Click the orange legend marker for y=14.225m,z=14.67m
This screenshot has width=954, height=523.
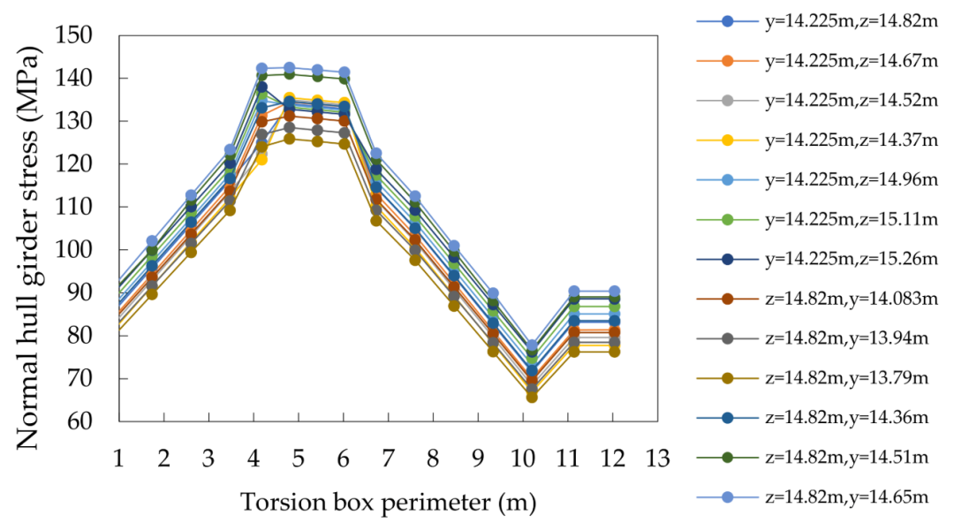(727, 61)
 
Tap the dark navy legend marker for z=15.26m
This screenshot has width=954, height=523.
(727, 260)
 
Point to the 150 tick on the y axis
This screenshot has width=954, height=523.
(74, 35)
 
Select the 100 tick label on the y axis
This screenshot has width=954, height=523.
(74, 250)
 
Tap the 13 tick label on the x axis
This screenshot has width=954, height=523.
(657, 458)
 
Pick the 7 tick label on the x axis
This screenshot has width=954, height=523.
(388, 458)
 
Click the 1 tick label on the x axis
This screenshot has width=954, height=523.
(118, 458)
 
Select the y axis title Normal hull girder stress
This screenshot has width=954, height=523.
(26, 247)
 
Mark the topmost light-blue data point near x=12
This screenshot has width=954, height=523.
(614, 291)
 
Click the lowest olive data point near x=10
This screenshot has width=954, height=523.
(532, 397)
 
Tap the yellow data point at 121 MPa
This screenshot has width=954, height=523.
(261, 159)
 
